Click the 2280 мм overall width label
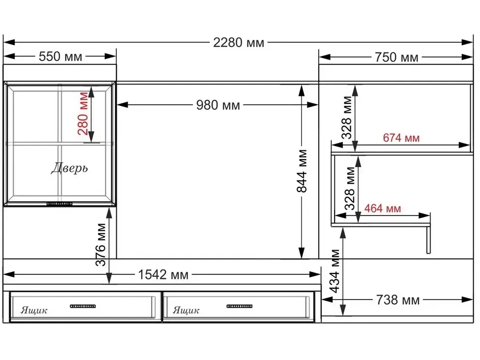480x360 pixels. click(239, 43)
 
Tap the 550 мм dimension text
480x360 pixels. click(60, 56)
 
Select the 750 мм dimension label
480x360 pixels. click(396, 57)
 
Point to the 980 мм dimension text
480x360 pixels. click(218, 105)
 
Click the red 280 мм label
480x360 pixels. click(83, 113)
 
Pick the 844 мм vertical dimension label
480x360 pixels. click(302, 171)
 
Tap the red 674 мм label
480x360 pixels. click(401, 138)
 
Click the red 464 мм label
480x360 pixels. click(383, 209)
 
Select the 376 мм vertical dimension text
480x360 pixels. click(101, 245)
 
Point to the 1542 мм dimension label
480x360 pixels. click(163, 274)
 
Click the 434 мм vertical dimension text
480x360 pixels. click(335, 271)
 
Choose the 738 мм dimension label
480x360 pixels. click(398, 300)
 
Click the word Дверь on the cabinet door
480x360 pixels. click(69, 168)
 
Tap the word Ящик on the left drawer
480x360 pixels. click(34, 311)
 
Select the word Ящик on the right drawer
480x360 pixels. click(186, 311)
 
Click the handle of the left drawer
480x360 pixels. click(83, 306)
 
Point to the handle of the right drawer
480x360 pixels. click(240, 306)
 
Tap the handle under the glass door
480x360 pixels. click(59, 204)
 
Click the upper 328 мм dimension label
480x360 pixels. click(347, 118)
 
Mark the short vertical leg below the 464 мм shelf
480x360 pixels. click(428, 240)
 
